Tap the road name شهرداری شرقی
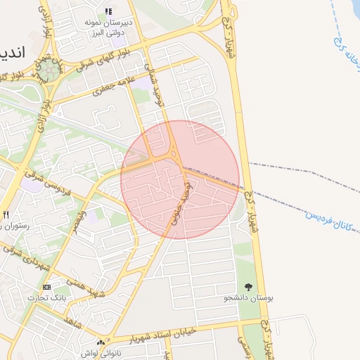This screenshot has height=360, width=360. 27,256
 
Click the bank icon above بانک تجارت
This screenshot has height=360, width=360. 46,287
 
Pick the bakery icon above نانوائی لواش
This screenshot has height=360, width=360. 100,342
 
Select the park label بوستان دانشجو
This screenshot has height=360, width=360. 248,298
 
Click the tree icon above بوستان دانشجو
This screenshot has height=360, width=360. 248,287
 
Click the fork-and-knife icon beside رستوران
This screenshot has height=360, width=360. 6,214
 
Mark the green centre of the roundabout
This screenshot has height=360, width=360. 49,70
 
